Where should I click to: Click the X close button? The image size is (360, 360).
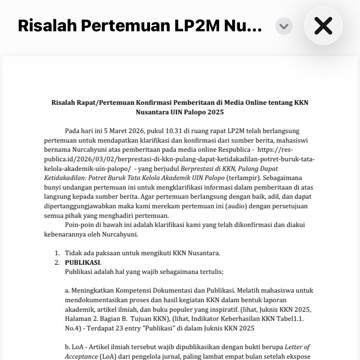click(323, 26)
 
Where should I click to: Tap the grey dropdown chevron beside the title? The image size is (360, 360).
click(283, 26)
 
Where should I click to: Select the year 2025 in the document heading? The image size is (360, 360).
click(215, 112)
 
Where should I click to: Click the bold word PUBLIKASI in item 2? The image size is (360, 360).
click(82, 263)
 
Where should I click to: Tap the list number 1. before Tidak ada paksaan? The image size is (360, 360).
click(57, 253)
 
